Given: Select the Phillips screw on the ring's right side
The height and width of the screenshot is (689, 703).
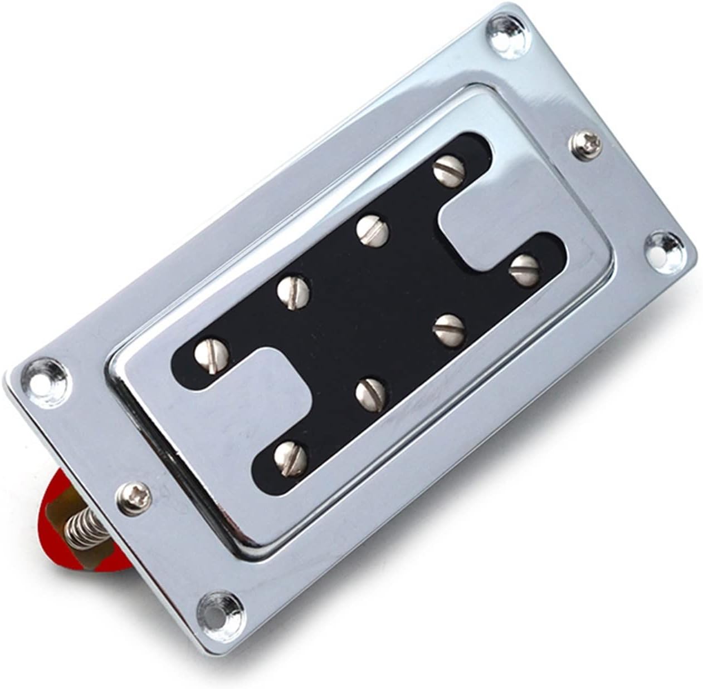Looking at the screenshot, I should [x=583, y=144].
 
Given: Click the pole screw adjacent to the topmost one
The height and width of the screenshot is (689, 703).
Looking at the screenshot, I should [x=372, y=230].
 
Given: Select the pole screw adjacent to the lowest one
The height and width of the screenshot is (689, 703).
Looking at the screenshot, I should [x=372, y=391].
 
